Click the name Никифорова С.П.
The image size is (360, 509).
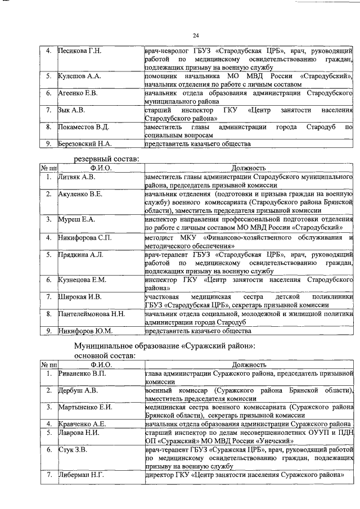(85, 238)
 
